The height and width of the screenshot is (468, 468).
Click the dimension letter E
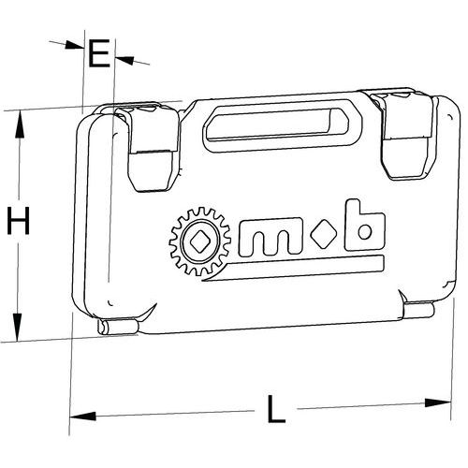click(x=99, y=53)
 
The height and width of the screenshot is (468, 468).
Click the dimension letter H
click(x=19, y=221)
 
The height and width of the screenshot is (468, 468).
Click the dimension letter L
click(x=276, y=409)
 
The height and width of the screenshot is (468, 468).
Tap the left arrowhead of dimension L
click(x=82, y=416)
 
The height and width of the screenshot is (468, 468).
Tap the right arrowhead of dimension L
click(x=438, y=402)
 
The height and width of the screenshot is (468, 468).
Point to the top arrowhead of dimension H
click(x=20, y=124)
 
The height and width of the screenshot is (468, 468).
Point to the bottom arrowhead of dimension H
click(x=18, y=327)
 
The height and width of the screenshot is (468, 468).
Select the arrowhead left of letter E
click(x=74, y=45)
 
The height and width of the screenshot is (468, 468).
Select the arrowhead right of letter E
click(x=124, y=60)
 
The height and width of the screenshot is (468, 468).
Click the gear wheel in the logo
click(x=200, y=241)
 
